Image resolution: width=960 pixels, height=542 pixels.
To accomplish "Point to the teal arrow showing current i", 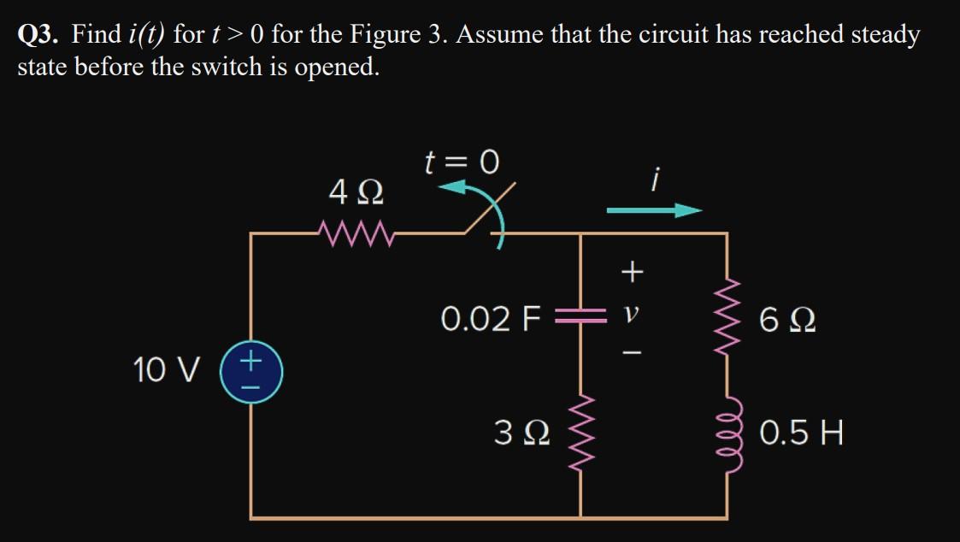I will click(x=655, y=210).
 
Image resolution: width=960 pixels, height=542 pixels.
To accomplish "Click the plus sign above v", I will click(x=631, y=273).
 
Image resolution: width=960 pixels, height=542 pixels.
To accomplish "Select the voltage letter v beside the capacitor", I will click(x=631, y=318).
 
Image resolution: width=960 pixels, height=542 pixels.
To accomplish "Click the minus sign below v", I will click(x=631, y=352).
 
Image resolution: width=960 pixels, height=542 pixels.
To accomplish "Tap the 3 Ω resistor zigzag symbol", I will click(x=581, y=434).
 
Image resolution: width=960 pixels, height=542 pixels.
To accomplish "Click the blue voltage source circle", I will click(x=250, y=373).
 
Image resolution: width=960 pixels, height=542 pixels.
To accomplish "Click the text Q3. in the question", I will click(x=39, y=35).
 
